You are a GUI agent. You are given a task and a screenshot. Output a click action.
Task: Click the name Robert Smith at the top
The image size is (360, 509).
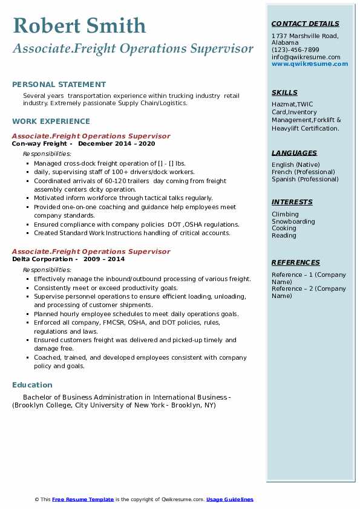(79, 25)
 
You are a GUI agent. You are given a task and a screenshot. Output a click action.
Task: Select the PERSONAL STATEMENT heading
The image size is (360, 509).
(59, 85)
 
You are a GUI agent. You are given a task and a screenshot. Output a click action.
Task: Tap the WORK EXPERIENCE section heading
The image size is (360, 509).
(51, 122)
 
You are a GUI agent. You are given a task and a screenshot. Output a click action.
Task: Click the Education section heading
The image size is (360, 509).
(32, 385)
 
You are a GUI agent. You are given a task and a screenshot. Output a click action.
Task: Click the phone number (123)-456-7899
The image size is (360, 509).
(295, 50)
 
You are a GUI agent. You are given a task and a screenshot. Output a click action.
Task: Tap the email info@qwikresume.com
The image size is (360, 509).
(306, 57)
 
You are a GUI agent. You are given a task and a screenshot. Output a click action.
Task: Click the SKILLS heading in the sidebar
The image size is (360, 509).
(284, 93)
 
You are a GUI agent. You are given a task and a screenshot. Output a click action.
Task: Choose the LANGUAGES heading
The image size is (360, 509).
(294, 154)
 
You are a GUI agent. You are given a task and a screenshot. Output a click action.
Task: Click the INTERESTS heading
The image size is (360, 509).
(292, 203)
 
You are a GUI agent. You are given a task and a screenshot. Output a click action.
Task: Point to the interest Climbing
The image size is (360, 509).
(285, 214)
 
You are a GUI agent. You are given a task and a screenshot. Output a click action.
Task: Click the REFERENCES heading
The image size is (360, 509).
(295, 263)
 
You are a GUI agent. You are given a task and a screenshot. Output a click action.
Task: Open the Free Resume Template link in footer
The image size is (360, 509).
(83, 499)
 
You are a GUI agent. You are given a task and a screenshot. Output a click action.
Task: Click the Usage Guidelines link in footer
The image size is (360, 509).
(230, 499)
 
